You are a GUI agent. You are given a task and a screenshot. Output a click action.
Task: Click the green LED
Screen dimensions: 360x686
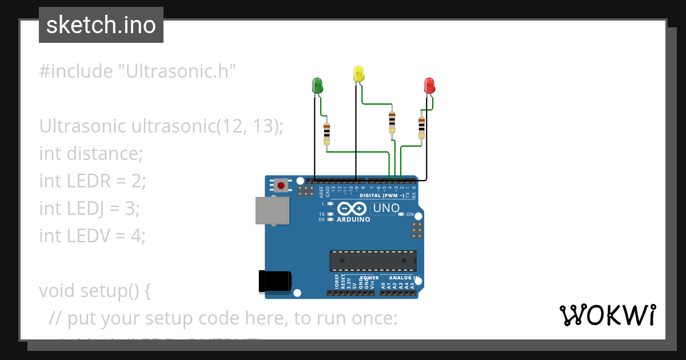click(x=317, y=86)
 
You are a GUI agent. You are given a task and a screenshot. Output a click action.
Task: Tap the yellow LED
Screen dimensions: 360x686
click(x=358, y=74)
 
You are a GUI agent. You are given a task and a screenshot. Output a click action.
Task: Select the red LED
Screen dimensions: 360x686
click(x=429, y=86)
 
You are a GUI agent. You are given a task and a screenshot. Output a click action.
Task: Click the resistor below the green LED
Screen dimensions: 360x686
click(x=326, y=133)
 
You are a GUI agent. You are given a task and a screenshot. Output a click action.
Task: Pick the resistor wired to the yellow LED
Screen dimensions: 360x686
click(x=392, y=121)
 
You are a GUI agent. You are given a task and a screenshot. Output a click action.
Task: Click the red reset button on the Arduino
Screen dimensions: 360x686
click(x=281, y=185)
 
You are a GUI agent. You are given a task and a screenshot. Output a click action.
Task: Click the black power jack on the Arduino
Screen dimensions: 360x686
click(x=275, y=281)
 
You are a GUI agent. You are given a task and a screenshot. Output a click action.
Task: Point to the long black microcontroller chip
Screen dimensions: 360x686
click(x=373, y=261)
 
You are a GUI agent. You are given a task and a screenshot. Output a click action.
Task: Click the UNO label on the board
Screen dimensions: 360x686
click(x=386, y=209)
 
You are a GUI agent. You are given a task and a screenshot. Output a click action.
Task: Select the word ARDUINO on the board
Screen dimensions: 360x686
click(x=353, y=219)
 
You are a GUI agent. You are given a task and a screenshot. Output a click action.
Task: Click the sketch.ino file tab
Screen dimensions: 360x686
click(x=101, y=25)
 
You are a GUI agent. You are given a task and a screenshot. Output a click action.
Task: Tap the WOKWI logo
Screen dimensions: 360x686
click(x=607, y=315)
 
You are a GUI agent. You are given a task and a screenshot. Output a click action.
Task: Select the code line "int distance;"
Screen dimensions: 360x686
click(x=90, y=153)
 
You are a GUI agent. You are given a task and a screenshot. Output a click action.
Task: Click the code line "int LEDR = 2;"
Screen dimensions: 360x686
click(x=93, y=181)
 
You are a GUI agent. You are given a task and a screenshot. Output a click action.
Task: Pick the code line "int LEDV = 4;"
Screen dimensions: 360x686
click(x=93, y=235)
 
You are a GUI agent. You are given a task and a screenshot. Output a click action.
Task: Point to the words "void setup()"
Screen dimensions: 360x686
click(x=95, y=290)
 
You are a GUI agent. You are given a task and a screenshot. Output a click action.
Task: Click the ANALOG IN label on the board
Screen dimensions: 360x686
click(x=404, y=278)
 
